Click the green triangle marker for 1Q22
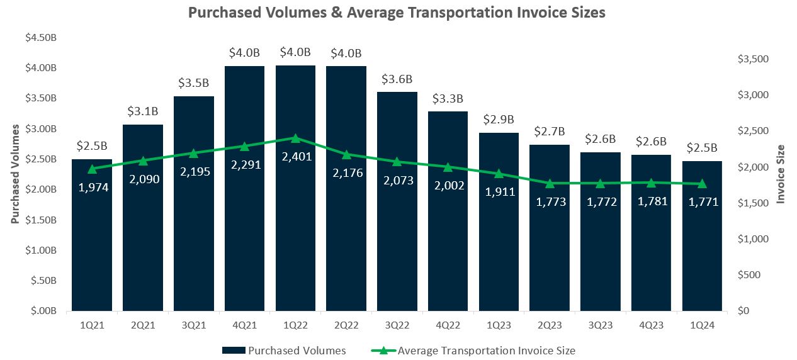tap(295, 138)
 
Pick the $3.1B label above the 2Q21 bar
tap(143, 112)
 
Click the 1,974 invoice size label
tap(92, 187)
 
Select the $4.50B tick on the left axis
tap(41, 37)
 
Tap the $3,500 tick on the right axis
tap(753, 59)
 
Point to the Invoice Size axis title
tap(781, 174)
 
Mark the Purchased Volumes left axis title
tap(15, 174)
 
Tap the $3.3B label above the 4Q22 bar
tap(448, 99)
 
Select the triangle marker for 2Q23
tap(550, 184)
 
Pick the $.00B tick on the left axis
tap(43, 311)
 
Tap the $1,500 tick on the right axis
tap(753, 203)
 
